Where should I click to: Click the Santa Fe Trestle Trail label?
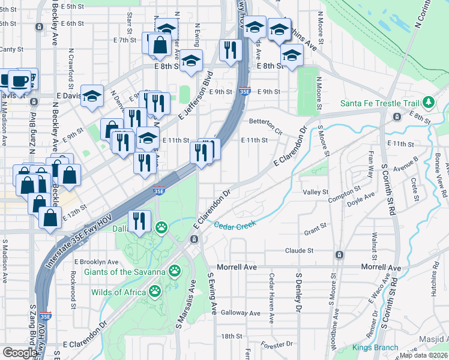(379, 103)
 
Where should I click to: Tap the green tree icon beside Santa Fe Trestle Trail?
(429, 103)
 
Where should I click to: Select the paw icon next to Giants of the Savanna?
(175, 271)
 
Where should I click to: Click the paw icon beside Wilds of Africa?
(155, 292)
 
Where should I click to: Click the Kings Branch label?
(375, 347)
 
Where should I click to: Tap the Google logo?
(20, 353)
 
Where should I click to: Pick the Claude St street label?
(300, 250)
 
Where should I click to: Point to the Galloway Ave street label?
(240, 313)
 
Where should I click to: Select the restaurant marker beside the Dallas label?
(140, 221)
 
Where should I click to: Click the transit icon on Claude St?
(339, 254)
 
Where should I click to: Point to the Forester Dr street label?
(277, 345)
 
